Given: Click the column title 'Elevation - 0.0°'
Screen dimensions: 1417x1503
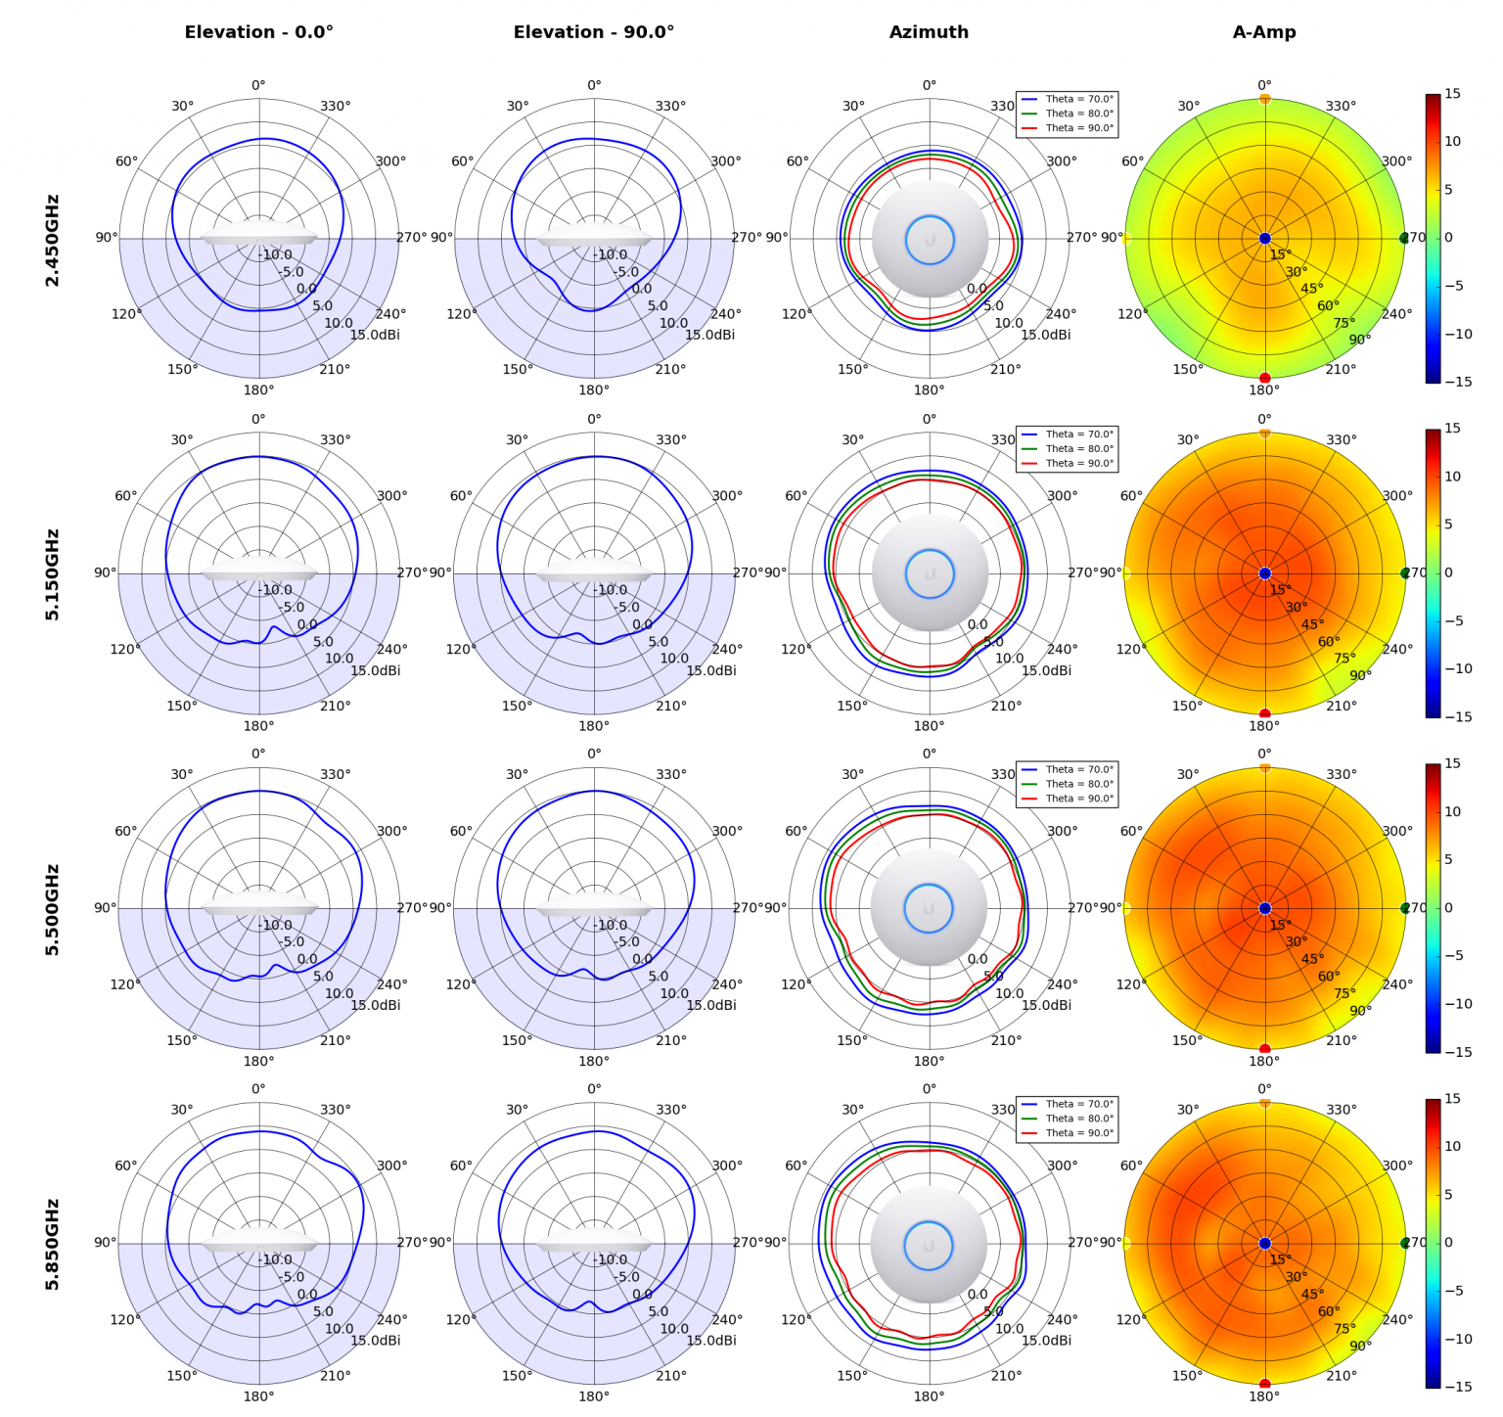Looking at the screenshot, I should pyautogui.click(x=258, y=32).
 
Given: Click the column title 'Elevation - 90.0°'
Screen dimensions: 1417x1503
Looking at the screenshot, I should pyautogui.click(x=594, y=32).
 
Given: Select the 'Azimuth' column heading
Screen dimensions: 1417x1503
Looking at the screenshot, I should pyautogui.click(x=929, y=32).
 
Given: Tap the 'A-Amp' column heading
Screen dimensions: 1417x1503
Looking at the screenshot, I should pyautogui.click(x=1264, y=32).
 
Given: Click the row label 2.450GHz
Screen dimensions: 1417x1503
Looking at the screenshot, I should pyautogui.click(x=53, y=240).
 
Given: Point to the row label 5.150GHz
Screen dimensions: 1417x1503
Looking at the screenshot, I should pyautogui.click(x=53, y=574).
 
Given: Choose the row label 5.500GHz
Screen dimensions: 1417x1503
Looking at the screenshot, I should pyautogui.click(x=53, y=909).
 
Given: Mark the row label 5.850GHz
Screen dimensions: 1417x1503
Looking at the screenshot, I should pyautogui.click(x=53, y=1244).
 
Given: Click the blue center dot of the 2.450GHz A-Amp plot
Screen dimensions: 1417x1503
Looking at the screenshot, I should pyautogui.click(x=1264, y=238).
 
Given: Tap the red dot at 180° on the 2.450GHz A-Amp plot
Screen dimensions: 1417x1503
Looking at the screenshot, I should pyautogui.click(x=1264, y=378).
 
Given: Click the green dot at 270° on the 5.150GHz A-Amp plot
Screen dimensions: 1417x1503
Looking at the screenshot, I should pyautogui.click(x=1404, y=573).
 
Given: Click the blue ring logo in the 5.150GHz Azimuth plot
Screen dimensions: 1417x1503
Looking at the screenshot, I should pyautogui.click(x=929, y=573).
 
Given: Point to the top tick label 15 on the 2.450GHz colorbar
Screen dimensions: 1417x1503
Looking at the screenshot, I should pyautogui.click(x=1452, y=94).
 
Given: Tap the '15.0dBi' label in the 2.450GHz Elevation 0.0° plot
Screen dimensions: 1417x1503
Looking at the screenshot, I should pyautogui.click(x=375, y=335).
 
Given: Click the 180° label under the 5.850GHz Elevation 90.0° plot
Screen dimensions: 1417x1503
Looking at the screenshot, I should pyautogui.click(x=594, y=1396).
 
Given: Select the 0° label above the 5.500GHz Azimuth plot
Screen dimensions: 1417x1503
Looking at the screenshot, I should pyautogui.click(x=929, y=754).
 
